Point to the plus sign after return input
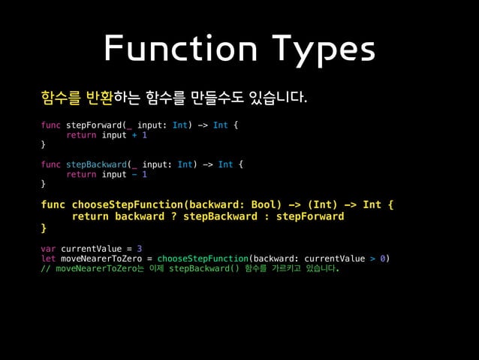pyautogui.click(x=134, y=135)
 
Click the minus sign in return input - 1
pyautogui.click(x=134, y=174)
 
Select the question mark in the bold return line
pyautogui.click(x=173, y=216)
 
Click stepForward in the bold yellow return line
pyautogui.click(x=310, y=216)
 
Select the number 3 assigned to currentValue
pyautogui.click(x=140, y=248)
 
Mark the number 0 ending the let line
pyautogui.click(x=383, y=259)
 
